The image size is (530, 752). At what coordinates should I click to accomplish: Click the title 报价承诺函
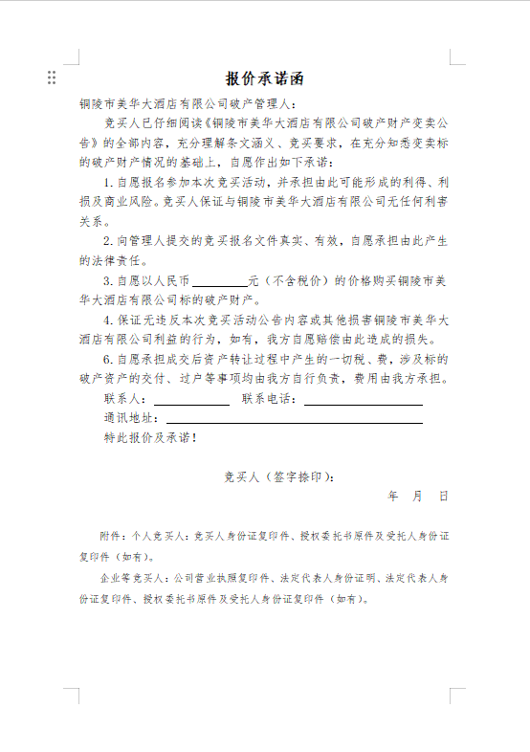pos(266,77)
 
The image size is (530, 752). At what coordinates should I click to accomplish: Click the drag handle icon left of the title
pos(52,77)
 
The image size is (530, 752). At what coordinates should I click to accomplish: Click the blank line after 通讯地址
pos(295,420)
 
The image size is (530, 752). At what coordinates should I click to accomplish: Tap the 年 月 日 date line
pos(417,497)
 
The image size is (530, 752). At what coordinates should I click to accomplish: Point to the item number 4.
pos(108,320)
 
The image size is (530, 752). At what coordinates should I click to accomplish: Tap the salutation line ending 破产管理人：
pos(188,103)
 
